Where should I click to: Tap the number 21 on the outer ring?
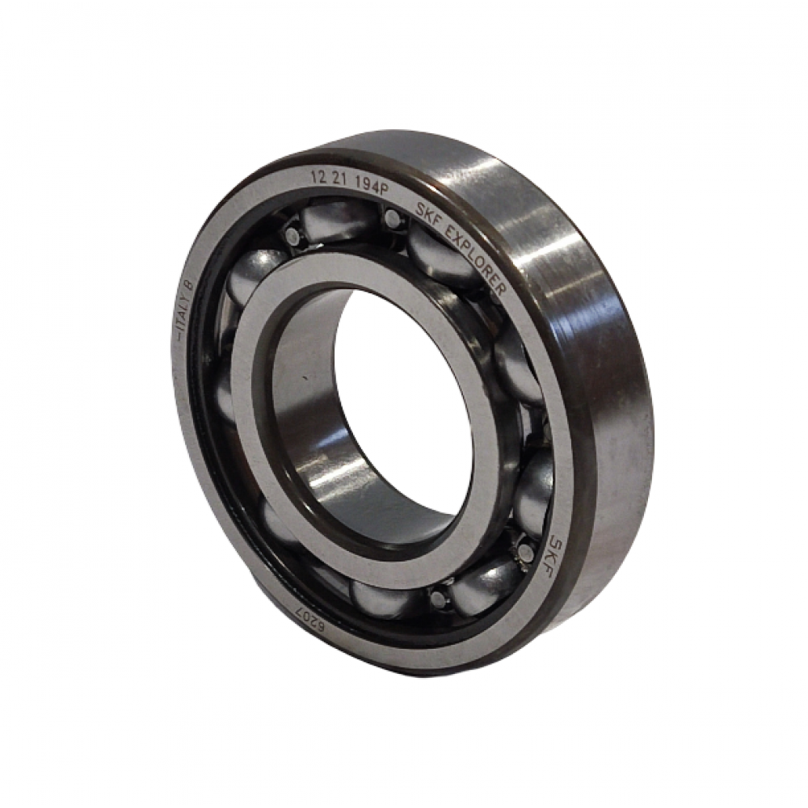345,179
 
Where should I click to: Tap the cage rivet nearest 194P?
393,217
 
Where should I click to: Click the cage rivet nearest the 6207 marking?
437,599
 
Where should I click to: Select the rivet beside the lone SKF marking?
525,553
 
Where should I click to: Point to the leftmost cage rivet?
289,235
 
